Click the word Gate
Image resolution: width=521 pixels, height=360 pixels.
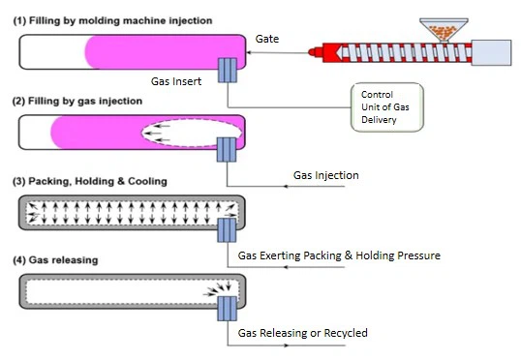tap(267, 39)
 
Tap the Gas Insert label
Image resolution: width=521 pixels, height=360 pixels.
tap(176, 81)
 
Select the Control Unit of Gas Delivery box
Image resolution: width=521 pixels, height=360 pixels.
tap(387, 107)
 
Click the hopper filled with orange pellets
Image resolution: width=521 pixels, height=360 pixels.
tap(444, 30)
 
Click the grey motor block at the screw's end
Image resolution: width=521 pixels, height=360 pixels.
tap(491, 53)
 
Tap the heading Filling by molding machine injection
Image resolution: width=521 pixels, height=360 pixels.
tap(112, 20)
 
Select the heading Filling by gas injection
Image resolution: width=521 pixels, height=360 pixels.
tap(77, 101)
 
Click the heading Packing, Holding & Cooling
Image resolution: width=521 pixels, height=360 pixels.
tap(90, 181)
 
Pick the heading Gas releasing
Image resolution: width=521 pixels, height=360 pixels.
tap(55, 260)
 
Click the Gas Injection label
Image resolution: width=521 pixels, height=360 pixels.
tap(326, 175)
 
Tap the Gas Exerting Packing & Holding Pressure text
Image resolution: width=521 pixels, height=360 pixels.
tap(339, 255)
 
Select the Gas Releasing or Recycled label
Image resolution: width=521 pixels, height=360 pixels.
tap(303, 333)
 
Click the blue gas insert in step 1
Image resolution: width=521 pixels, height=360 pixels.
tap(228, 70)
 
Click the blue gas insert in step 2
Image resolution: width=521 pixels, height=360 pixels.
tap(227, 150)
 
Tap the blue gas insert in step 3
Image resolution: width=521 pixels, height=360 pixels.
tap(227, 230)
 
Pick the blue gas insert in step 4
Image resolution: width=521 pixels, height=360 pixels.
tap(228, 309)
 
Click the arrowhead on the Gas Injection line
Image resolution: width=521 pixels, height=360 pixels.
tap(286, 187)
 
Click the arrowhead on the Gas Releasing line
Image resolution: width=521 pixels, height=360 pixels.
tap(286, 345)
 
